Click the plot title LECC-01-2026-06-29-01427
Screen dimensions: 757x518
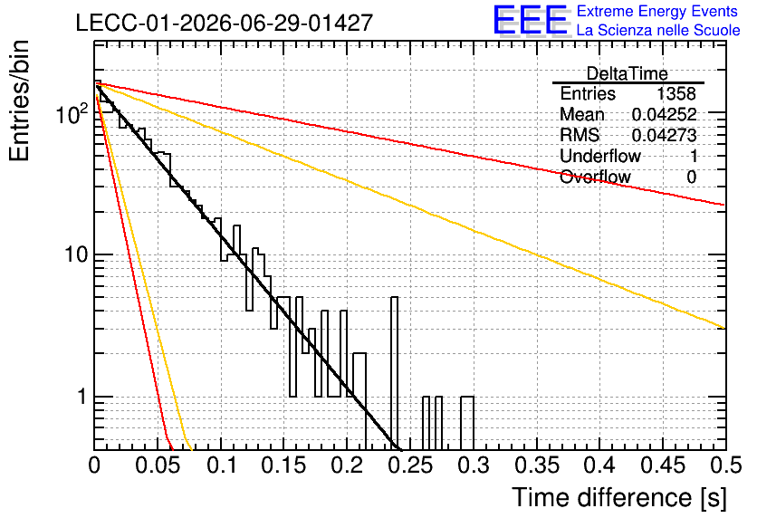225,23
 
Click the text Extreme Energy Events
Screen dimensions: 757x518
657,11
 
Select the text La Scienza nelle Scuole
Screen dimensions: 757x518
658,30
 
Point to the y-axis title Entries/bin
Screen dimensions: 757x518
19,101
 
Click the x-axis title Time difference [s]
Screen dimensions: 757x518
619,497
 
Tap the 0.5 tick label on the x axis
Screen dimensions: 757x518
726,465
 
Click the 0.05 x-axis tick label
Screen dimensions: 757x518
158,465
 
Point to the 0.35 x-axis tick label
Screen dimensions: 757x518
537,465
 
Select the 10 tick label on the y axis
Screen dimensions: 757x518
76,254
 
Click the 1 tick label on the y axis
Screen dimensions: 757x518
82,397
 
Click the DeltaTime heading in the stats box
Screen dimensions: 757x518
628,73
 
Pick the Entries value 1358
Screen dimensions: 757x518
676,93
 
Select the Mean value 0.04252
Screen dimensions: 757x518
665,114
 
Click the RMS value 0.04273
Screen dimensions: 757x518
665,135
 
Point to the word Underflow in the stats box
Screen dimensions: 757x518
600,156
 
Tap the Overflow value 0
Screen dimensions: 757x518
691,177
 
